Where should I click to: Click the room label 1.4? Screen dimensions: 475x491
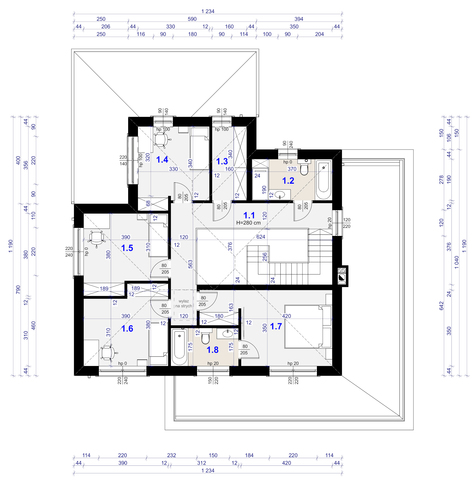tap(162, 160)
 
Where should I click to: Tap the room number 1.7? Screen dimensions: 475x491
tap(276, 326)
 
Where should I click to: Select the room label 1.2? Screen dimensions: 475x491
tap(288, 181)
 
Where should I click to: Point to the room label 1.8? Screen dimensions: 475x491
tap(212, 350)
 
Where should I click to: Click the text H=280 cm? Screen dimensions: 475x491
tap(248, 223)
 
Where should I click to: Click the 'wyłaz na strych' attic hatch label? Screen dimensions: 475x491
tap(184, 303)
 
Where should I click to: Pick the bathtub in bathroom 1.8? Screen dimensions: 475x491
tap(179, 347)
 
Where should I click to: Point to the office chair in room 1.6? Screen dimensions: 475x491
tap(108, 353)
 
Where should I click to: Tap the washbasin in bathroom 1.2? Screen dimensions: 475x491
tap(280, 194)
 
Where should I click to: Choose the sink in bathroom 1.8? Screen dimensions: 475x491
tap(227, 333)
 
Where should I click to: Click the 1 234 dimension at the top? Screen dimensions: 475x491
tap(208, 11)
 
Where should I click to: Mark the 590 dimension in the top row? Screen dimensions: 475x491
tap(192, 19)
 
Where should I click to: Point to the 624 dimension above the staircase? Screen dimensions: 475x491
tap(261, 237)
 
